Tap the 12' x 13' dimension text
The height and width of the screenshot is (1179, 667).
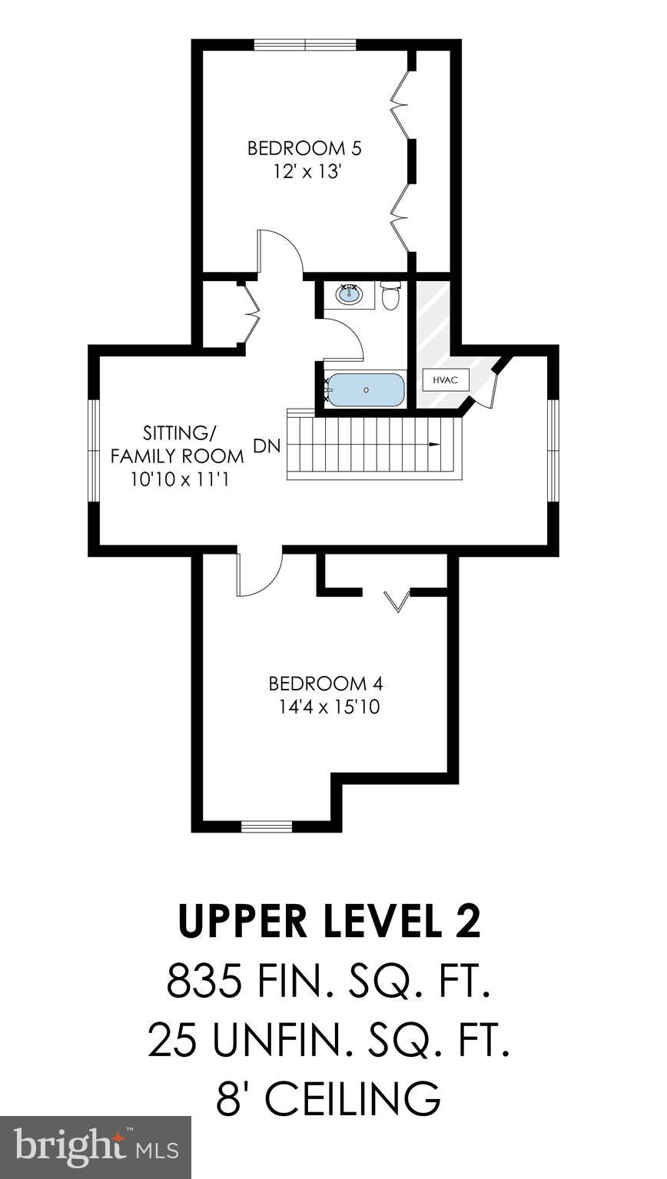tap(306, 171)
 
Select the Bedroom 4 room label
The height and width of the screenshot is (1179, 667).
tap(325, 683)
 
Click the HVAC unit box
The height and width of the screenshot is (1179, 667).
tap(445, 380)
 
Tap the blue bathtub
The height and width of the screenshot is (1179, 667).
tap(366, 389)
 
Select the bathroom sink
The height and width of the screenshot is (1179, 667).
tap(351, 293)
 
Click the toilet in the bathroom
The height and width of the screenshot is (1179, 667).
tap(390, 296)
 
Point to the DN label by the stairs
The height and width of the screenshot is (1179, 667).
tap(266, 446)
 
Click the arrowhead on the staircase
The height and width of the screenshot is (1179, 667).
tap(435, 445)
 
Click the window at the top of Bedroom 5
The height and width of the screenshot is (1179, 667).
tap(305, 45)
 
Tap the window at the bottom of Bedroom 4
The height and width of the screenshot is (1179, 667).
tap(267, 826)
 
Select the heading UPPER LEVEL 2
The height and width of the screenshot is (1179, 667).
tap(329, 922)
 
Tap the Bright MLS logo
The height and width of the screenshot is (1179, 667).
tap(95, 1147)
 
